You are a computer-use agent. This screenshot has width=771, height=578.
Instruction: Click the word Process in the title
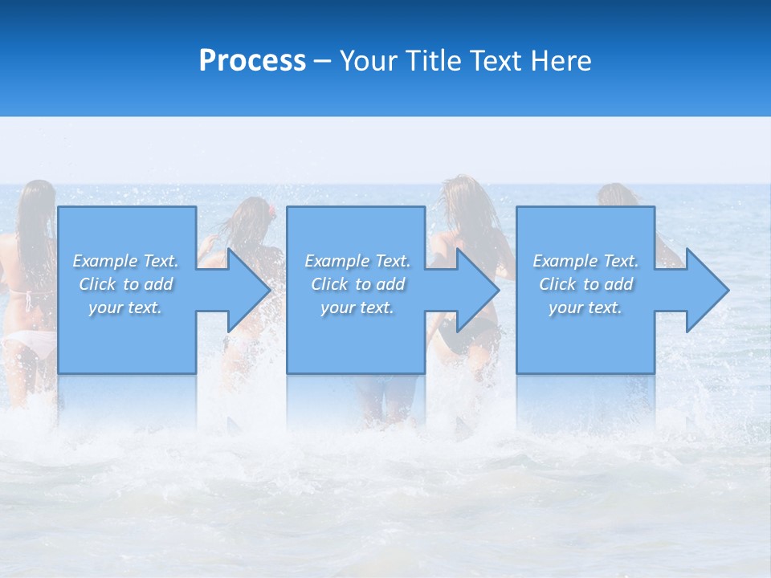(252, 61)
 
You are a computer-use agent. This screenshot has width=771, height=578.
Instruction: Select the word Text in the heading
(496, 61)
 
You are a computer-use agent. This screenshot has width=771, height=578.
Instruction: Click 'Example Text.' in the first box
(125, 261)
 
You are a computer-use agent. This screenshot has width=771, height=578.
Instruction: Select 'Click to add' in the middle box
(357, 284)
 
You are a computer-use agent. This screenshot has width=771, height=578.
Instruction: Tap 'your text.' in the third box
(585, 307)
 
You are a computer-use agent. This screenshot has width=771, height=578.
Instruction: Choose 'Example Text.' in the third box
(585, 261)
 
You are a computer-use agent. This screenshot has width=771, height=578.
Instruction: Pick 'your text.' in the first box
(125, 307)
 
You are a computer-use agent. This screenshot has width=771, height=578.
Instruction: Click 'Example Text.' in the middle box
(357, 261)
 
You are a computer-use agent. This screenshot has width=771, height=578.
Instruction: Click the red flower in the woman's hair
(272, 211)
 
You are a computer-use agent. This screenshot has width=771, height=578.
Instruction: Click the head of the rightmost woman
(615, 194)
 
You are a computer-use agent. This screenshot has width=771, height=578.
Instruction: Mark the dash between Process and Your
(322, 62)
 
